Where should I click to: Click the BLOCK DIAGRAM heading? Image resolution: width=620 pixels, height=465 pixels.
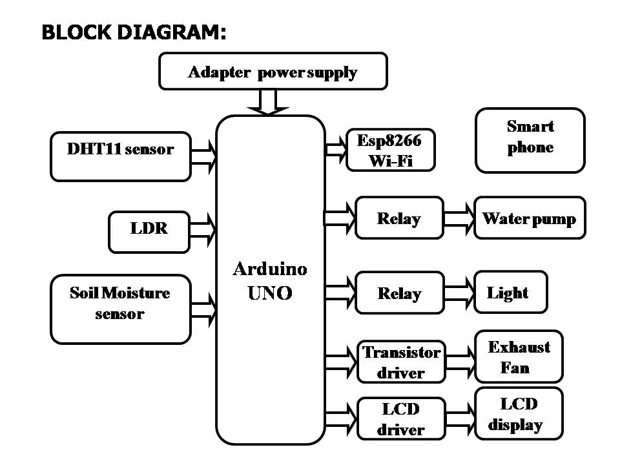click(134, 33)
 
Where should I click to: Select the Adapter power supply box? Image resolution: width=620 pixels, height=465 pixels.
click(273, 71)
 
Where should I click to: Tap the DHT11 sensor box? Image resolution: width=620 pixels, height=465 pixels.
click(121, 156)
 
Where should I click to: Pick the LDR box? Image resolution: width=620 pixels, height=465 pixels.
click(149, 231)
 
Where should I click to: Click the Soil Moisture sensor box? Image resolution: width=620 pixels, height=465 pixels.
click(120, 309)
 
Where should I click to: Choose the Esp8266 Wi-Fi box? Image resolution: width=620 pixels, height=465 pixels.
click(389, 149)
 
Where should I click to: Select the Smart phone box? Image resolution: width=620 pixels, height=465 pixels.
click(530, 139)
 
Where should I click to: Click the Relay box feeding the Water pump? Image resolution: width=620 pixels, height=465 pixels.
click(399, 218)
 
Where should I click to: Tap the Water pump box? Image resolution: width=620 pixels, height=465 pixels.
click(529, 218)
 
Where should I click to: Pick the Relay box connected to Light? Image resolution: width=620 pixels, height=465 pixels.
click(399, 293)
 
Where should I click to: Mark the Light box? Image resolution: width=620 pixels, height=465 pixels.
click(510, 293)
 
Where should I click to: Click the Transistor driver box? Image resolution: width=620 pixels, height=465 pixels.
click(401, 362)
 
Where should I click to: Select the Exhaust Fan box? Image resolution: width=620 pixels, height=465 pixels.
click(519, 356)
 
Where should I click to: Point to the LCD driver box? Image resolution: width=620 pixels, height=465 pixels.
click(401, 418)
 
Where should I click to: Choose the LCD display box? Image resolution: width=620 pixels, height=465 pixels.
click(519, 414)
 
